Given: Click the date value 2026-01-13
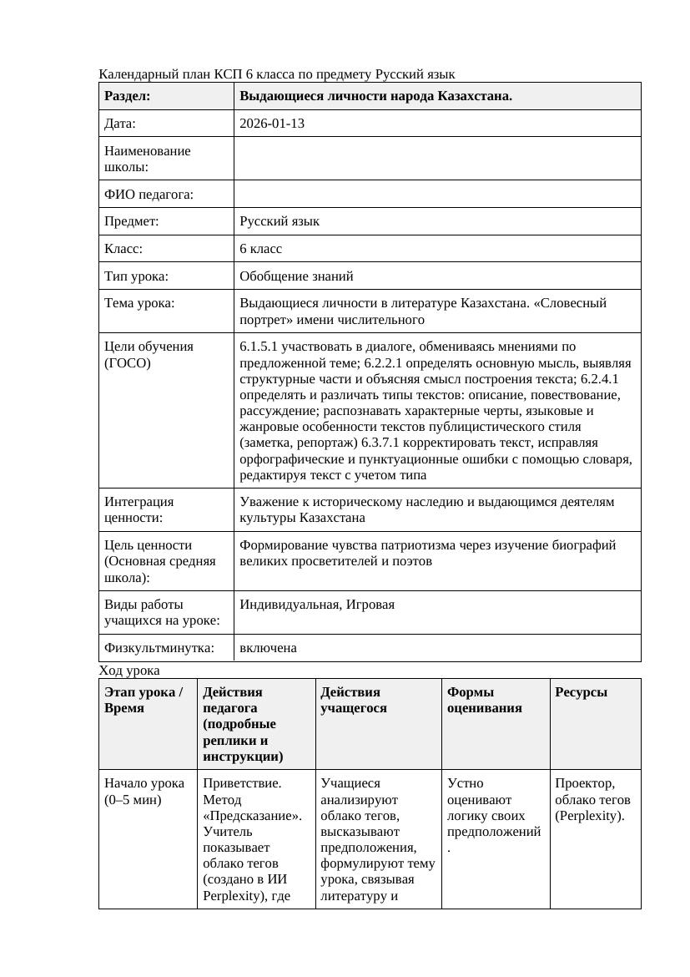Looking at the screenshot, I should [x=271, y=124].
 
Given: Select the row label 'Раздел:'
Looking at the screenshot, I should [x=128, y=96].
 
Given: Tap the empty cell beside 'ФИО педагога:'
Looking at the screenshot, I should [x=436, y=195].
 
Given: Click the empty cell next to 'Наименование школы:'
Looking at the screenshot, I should [x=436, y=159].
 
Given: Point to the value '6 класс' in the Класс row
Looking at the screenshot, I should [x=260, y=249].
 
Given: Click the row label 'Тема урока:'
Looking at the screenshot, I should [x=139, y=303].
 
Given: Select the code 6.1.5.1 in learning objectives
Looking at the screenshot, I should [x=260, y=347].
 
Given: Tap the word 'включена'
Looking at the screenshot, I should [x=268, y=648].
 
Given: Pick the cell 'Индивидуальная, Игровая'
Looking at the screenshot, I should [x=317, y=605].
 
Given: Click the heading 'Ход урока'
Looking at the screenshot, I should [x=129, y=671].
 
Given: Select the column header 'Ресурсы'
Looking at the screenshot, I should [x=581, y=692].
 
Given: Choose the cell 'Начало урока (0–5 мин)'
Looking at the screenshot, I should [x=144, y=791].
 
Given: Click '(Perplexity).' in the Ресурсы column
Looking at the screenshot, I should [x=589, y=816].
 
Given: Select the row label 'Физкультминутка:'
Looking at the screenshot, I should [x=159, y=648].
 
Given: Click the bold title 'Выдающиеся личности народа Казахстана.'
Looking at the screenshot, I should [x=375, y=96].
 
